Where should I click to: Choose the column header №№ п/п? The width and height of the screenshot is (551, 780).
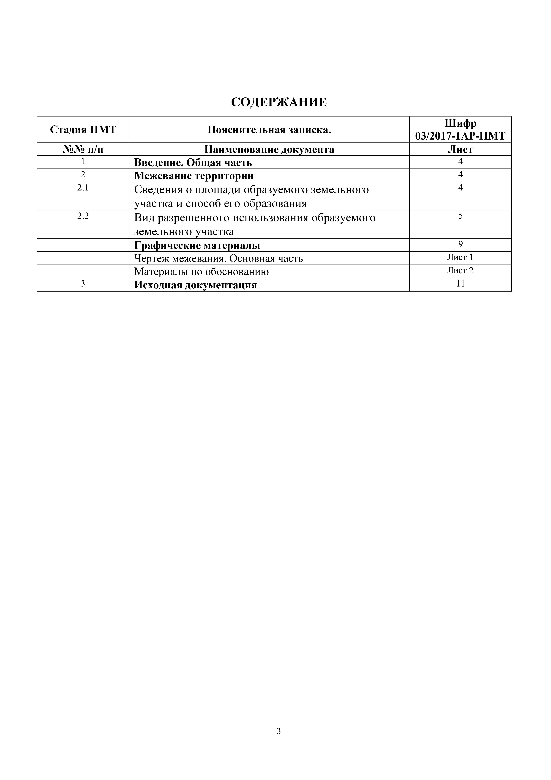click(x=83, y=149)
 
